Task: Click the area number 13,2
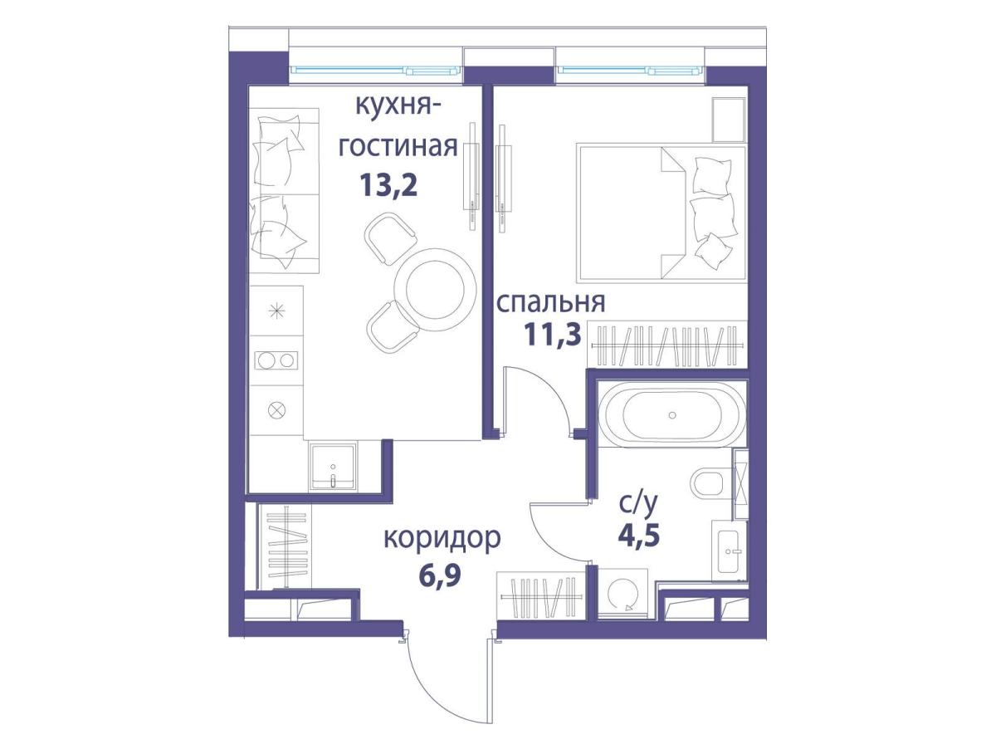point(388,186)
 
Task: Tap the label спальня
point(551,303)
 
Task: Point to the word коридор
point(442,539)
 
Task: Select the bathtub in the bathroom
point(672,414)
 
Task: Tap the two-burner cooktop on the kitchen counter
point(276,361)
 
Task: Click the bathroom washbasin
point(730,551)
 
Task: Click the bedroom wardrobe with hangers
point(666,345)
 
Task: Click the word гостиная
point(398,148)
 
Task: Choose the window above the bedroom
point(631,71)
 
